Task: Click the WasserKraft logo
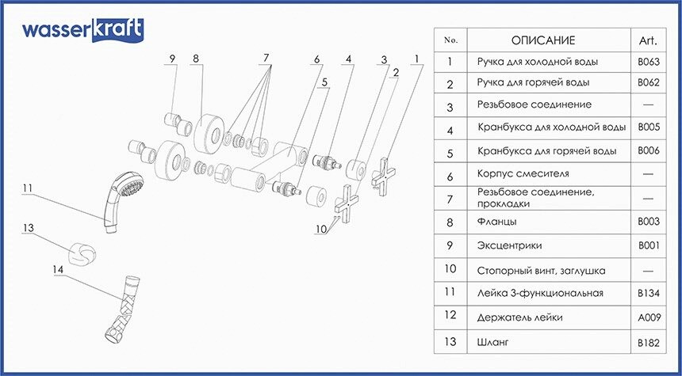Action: (83, 30)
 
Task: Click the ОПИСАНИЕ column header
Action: (542, 40)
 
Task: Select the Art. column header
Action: (648, 41)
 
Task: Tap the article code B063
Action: (649, 62)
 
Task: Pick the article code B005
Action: (649, 127)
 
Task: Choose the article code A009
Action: (649, 317)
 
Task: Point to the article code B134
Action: (649, 294)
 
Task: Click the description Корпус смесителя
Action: (523, 173)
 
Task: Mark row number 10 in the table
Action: (450, 269)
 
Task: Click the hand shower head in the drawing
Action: (121, 200)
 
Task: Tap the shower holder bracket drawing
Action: (82, 254)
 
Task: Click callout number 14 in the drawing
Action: (58, 270)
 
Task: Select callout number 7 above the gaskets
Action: (266, 57)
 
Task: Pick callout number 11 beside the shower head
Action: (28, 188)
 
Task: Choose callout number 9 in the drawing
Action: (172, 59)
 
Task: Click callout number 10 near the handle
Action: (320, 230)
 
